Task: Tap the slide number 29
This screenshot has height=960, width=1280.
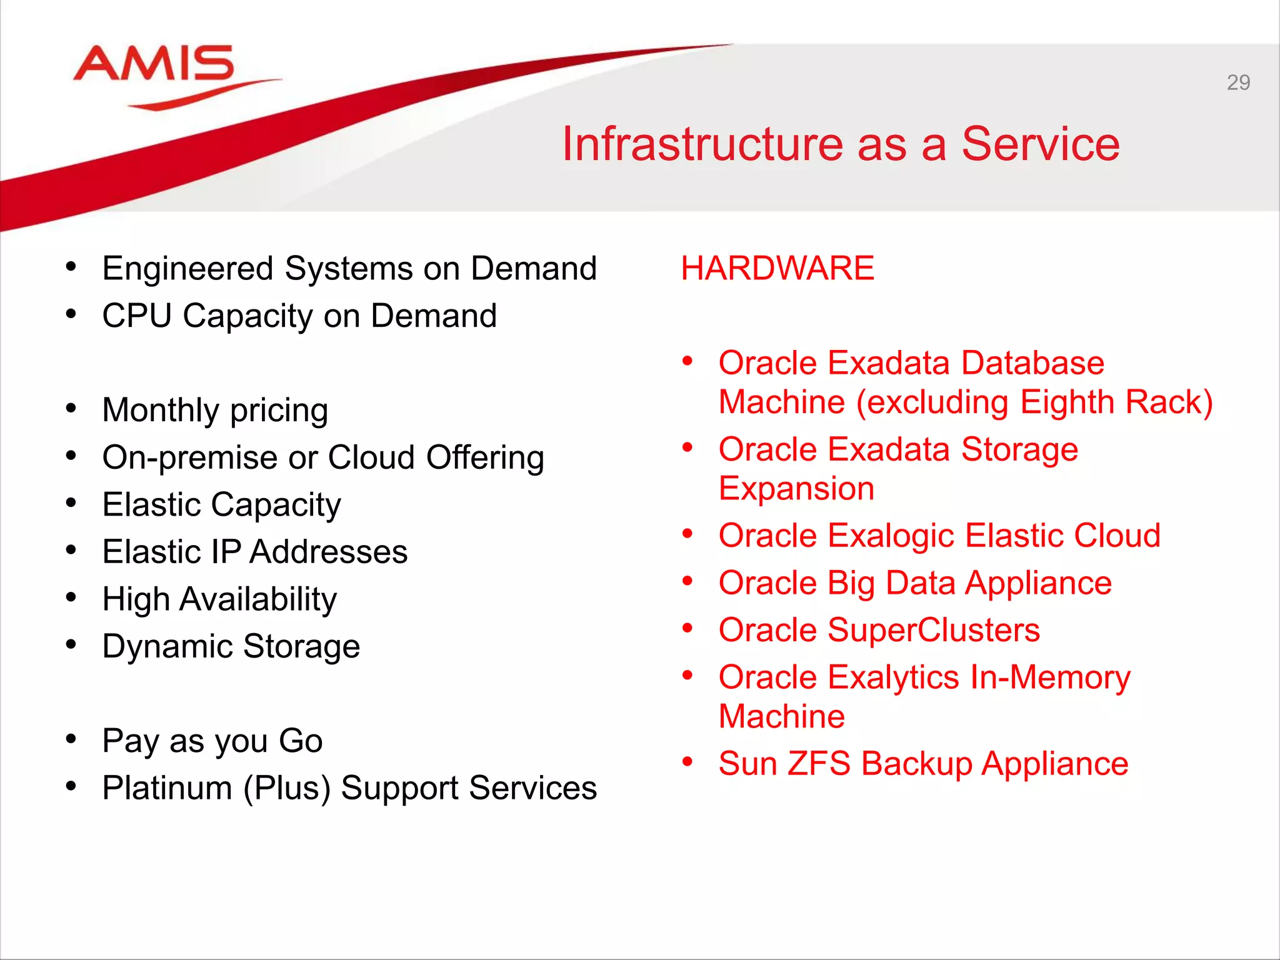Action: point(1237,82)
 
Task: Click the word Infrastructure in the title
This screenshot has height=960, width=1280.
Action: point(702,144)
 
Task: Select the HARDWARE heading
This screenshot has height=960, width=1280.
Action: point(777,268)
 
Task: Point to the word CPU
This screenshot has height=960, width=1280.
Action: point(136,316)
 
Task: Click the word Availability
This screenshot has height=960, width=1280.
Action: point(258,599)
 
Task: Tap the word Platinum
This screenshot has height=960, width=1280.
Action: point(167,787)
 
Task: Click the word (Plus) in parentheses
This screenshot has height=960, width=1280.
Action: point(287,787)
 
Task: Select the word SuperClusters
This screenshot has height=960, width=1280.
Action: point(933,630)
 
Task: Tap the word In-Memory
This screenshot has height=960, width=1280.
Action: point(1049,677)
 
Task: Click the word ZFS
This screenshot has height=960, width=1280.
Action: point(818,764)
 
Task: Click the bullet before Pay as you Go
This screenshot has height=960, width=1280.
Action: point(71,739)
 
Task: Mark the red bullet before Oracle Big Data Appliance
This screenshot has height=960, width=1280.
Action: point(688,581)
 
